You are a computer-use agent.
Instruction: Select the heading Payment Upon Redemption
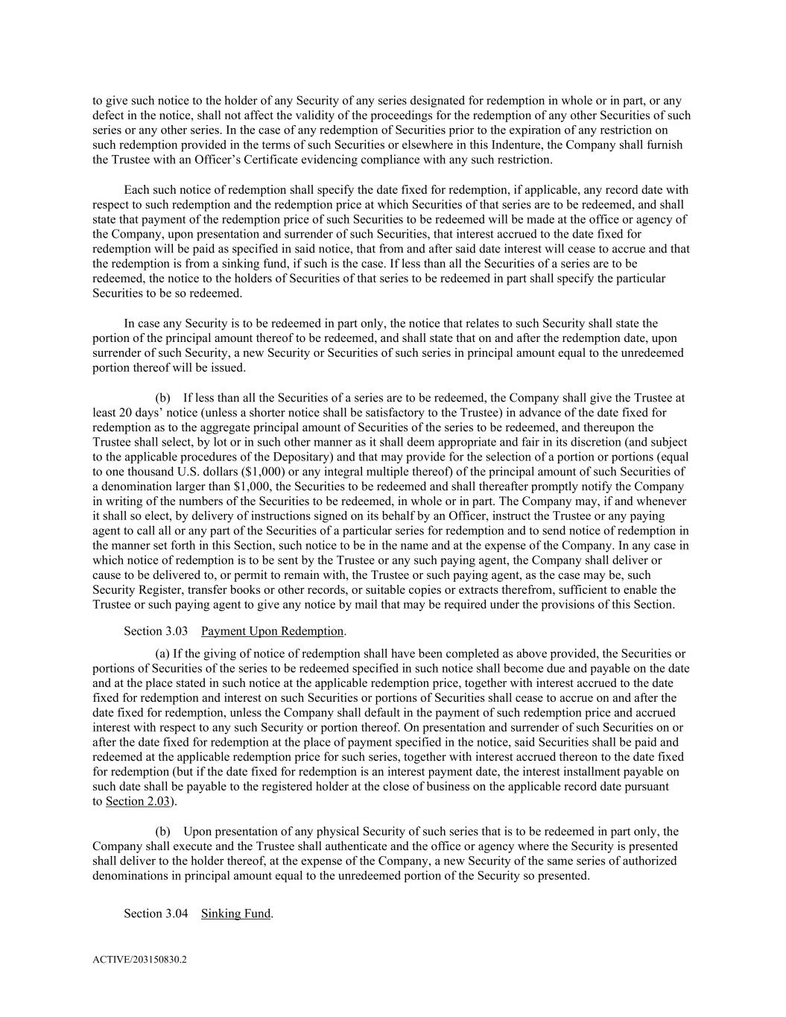tap(272, 631)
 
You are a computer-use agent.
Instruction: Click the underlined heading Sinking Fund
tap(235, 913)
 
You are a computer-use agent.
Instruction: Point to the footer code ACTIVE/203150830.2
tap(139, 960)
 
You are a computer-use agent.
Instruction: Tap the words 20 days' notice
tap(142, 413)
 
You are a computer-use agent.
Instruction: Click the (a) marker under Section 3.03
tap(162, 653)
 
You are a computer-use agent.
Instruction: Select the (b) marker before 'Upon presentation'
tap(162, 831)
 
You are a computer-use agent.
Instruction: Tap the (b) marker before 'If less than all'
tap(162, 398)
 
